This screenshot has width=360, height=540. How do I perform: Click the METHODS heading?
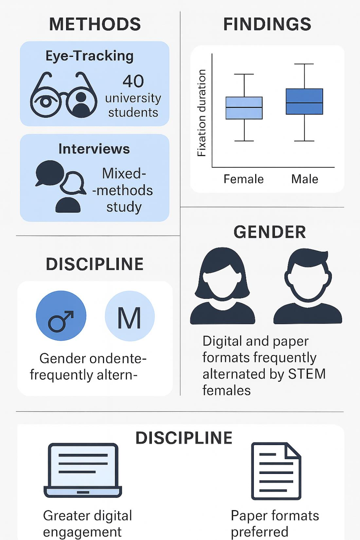pyautogui.click(x=95, y=25)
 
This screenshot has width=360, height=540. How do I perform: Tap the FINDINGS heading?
pyautogui.click(x=267, y=25)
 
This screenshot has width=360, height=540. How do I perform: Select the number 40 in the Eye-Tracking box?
pyautogui.click(x=133, y=81)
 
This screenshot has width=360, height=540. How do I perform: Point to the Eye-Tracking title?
pyautogui.click(x=89, y=56)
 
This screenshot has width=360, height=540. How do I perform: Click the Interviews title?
pyautogui.click(x=94, y=149)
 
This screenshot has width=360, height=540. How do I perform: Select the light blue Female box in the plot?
pyautogui.click(x=244, y=108)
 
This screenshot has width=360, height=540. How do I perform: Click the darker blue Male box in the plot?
pyautogui.click(x=304, y=101)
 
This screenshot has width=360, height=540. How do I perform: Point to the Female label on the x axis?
pyautogui.click(x=243, y=179)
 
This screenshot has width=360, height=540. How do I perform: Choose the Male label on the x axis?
pyautogui.click(x=305, y=179)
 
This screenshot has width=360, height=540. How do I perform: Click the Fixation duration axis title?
pyautogui.click(x=202, y=113)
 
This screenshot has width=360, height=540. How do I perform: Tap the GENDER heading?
pyautogui.click(x=270, y=232)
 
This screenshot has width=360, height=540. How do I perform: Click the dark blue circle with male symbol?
pyautogui.click(x=61, y=316)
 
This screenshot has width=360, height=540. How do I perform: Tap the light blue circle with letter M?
pyautogui.click(x=130, y=316)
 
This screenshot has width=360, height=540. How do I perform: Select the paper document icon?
pyautogui.click(x=276, y=471)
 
